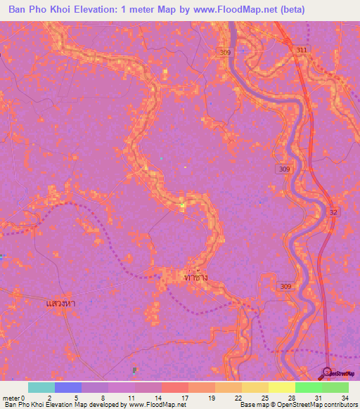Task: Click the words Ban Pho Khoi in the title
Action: coord(37,10)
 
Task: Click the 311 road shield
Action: coord(302,51)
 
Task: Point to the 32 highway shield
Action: coord(332,212)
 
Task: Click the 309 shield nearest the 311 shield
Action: coord(224,53)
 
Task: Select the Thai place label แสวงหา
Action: coord(60,303)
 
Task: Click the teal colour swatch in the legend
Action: coord(41,387)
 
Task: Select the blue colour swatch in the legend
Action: coord(68,387)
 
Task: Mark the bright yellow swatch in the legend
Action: coord(281,387)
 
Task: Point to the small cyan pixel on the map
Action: coord(161,159)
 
